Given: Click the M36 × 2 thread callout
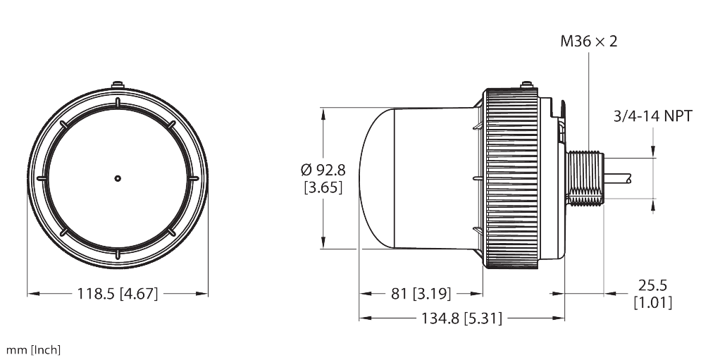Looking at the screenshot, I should pos(588,42).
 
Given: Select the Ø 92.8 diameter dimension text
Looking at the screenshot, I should pos(323,170).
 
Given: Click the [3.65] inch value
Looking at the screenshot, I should pos(323,188).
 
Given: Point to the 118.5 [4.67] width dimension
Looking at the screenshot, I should pos(117,294).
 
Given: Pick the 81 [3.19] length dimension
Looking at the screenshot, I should pos(421,293).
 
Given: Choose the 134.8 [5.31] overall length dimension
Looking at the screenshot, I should pos(461,318).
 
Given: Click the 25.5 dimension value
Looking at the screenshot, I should pos(652,285).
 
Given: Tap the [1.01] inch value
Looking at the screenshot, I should pos(652,303).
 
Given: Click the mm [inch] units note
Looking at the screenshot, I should pos(33,349).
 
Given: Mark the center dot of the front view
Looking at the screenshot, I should pos(118,178).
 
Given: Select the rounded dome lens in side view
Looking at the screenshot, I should pos(377,178).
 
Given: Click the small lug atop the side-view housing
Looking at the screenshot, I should pos(525,85).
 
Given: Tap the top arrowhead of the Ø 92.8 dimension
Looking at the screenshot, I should pos(323,112).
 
